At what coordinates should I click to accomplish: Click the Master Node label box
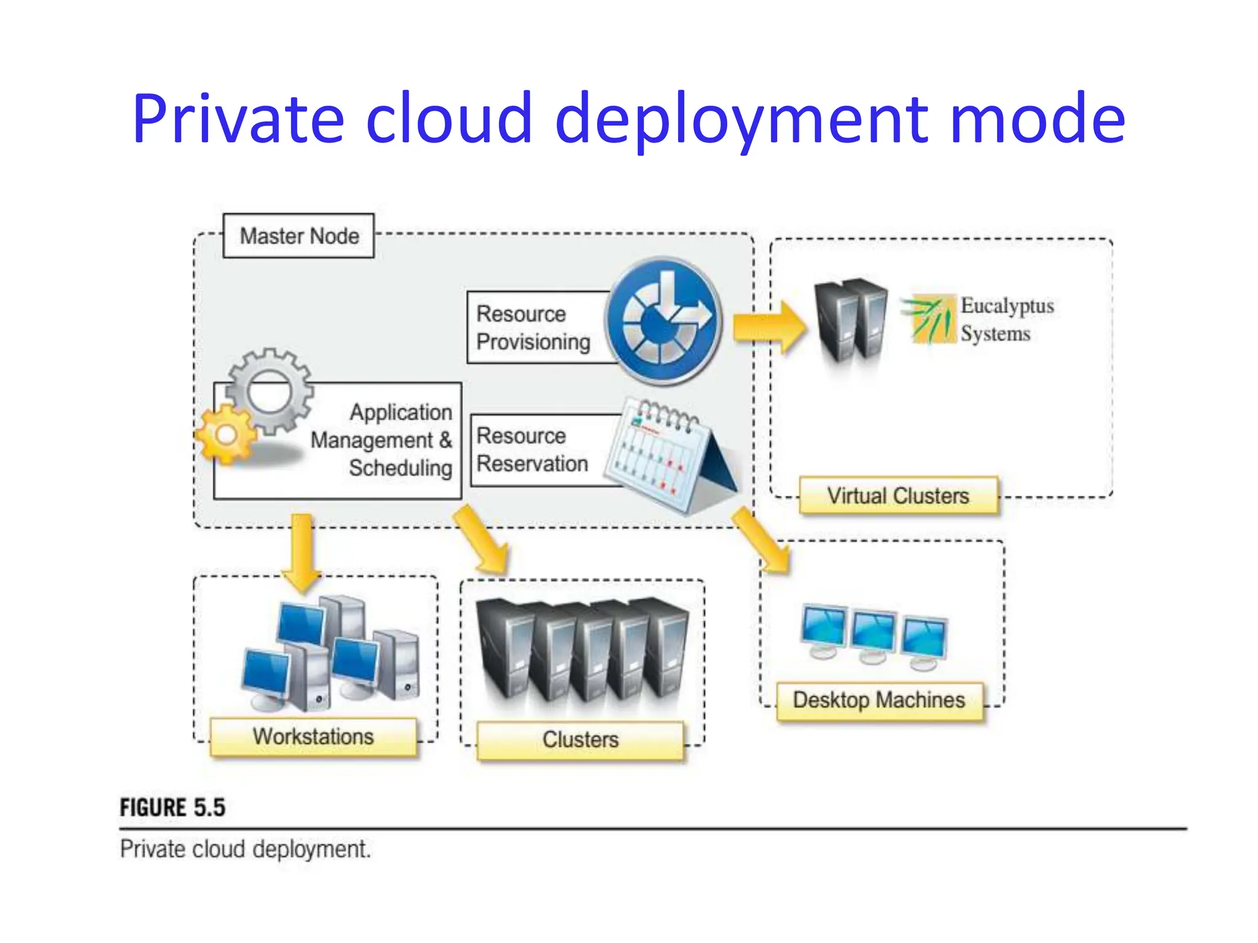[x=298, y=236]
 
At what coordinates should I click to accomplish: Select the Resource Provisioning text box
[x=533, y=328]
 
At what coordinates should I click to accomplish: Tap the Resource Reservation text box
[x=533, y=450]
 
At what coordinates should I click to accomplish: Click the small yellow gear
[x=225, y=435]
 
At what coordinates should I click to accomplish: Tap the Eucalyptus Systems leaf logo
[x=929, y=319]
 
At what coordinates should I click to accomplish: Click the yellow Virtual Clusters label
[x=898, y=495]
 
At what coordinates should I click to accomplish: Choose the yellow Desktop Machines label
[x=879, y=700]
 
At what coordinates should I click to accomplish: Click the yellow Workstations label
[x=313, y=737]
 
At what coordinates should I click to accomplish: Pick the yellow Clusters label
[x=580, y=740]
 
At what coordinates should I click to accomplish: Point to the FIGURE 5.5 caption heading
[x=173, y=807]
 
